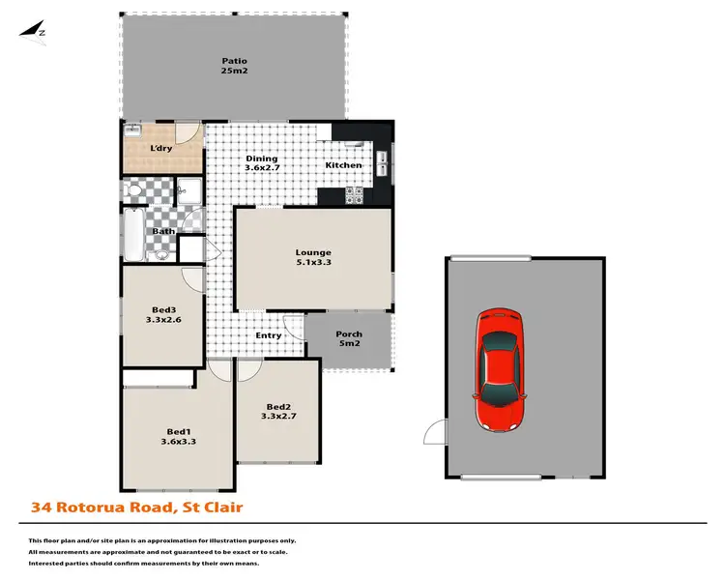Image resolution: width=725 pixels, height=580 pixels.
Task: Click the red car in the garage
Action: [501, 371]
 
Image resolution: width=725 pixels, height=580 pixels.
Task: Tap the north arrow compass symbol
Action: [36, 31]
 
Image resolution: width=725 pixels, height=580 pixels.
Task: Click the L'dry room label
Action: [161, 148]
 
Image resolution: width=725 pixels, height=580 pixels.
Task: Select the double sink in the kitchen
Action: [384, 165]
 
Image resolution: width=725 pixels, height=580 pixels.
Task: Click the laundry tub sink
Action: [133, 130]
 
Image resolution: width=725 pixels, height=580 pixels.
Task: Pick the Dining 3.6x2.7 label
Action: [261, 164]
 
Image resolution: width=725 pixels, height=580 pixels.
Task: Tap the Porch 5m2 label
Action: [348, 339]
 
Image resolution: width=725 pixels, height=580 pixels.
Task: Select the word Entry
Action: [269, 335]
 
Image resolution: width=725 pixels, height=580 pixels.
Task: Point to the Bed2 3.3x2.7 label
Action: [278, 412]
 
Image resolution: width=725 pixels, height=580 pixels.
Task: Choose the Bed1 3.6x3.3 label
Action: [177, 435]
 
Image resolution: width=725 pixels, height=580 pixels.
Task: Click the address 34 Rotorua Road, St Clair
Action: [136, 506]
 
